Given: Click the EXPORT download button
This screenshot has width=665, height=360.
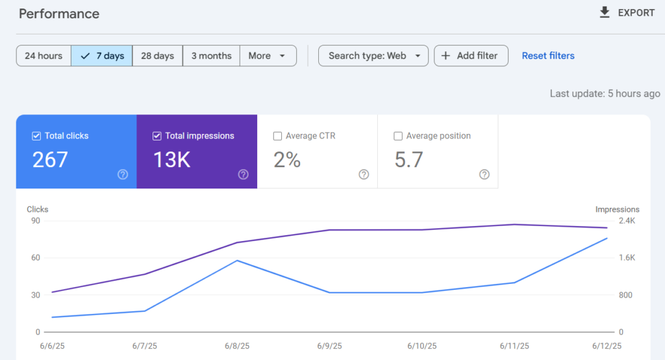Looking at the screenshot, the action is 627,13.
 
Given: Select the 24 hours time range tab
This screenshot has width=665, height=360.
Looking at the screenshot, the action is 44,56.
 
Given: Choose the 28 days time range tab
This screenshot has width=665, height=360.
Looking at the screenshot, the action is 157,56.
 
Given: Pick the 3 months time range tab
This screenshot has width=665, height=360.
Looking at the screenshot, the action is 211,56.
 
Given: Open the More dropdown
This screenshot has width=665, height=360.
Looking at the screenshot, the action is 268,56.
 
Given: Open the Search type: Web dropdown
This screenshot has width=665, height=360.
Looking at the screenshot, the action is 373,56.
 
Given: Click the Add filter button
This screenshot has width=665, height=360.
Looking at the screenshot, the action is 471,56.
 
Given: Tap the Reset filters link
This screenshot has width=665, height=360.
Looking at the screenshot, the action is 548,56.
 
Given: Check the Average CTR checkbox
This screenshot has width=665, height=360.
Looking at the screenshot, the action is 277,136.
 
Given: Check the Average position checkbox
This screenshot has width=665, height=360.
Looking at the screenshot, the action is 398,136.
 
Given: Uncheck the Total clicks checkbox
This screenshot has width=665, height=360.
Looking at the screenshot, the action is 36,136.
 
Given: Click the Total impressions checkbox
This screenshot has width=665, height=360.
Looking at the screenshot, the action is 157,136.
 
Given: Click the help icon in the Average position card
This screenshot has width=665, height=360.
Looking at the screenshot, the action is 484,174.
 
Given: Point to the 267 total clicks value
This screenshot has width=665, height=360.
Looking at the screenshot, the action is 50,160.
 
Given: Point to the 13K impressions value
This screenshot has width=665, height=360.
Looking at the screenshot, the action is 171,160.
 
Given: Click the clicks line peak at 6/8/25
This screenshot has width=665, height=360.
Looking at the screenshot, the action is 237,260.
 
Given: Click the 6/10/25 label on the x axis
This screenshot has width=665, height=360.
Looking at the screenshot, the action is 422,346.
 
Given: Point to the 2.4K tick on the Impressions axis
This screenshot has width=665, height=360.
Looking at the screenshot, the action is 627,221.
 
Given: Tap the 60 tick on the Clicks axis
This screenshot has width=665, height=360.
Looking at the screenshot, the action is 36,258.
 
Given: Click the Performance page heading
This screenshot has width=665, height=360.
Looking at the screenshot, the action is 59,14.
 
